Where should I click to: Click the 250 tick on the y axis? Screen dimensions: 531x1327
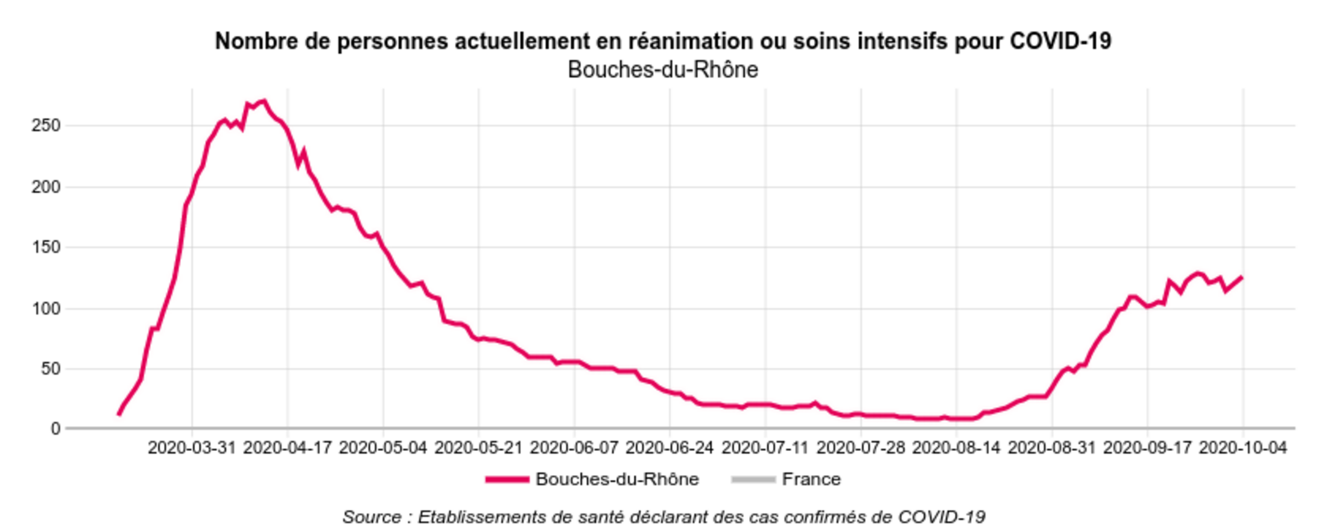(46, 125)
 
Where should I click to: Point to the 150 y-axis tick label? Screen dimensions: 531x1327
(46, 247)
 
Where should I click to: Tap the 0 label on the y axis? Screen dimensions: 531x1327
(55, 429)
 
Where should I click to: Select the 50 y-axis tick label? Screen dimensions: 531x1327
(51, 368)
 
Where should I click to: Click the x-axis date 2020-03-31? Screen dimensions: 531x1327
(192, 448)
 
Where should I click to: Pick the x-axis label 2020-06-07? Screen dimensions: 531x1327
(574, 448)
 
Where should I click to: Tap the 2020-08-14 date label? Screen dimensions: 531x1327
(956, 448)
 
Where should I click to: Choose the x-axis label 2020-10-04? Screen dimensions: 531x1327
(1243, 448)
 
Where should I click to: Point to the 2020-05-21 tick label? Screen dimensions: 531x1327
(478, 448)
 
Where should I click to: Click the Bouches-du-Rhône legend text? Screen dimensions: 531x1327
(616, 479)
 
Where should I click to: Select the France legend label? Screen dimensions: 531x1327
(811, 479)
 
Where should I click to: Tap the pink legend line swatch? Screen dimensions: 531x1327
(507, 480)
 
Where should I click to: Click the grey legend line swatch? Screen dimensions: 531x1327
(753, 480)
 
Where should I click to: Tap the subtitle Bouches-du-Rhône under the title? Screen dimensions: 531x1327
(663, 70)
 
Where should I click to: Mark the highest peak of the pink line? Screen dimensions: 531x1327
(264, 101)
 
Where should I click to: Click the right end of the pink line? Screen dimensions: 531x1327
(1242, 277)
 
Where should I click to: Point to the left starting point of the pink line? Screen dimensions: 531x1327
(118, 414)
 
